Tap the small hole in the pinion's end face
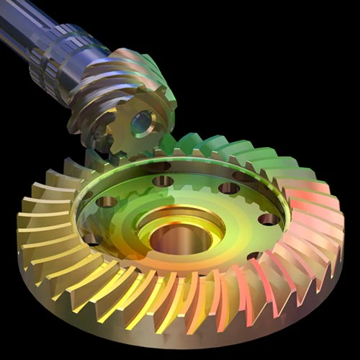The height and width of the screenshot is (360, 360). (x=141, y=122)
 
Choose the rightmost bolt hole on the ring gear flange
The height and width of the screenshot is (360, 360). (x=268, y=218)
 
